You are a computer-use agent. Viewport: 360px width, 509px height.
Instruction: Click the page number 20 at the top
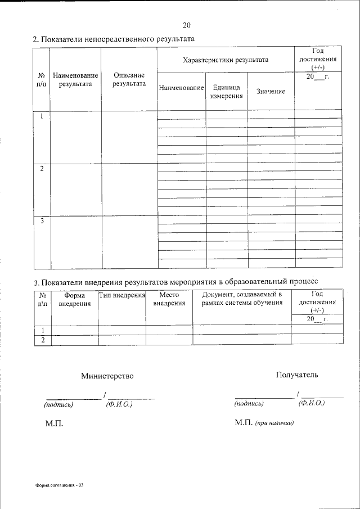click(x=187, y=25)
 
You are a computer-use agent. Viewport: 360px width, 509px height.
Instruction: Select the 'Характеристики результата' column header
click(x=226, y=60)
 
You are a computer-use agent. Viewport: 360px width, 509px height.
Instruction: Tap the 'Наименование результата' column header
click(x=75, y=79)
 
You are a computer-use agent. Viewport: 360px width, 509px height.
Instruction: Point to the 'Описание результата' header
click(x=129, y=79)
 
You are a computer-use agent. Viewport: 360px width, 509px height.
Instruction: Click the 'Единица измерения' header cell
click(x=226, y=92)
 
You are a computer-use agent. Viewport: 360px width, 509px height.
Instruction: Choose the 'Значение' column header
click(x=271, y=92)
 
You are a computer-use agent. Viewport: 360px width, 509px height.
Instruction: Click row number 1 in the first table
click(x=42, y=116)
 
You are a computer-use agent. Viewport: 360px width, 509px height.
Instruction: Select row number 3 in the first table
click(x=42, y=221)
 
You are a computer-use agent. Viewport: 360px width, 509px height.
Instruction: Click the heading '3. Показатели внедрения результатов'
click(x=175, y=281)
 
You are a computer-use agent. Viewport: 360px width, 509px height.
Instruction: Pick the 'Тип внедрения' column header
click(x=122, y=294)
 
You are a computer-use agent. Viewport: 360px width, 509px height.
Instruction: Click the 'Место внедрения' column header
click(x=169, y=299)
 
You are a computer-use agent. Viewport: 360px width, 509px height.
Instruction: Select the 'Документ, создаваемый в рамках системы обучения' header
click(x=242, y=299)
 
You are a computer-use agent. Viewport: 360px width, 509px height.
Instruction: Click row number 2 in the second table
click(x=42, y=339)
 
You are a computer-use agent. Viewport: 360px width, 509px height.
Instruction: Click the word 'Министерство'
click(x=107, y=376)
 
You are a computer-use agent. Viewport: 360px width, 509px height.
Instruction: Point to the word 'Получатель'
click(x=297, y=375)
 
